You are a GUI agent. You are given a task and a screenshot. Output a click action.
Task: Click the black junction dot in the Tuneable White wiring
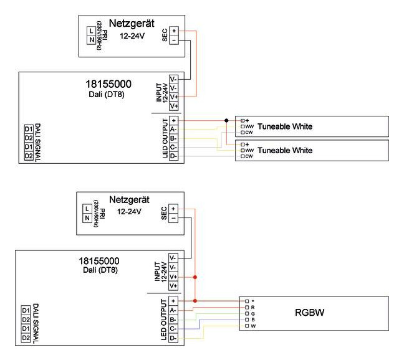click(225, 120)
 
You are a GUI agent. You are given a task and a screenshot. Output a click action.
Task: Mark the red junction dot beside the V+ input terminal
click(195, 277)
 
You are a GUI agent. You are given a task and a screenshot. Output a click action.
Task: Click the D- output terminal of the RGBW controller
click(173, 338)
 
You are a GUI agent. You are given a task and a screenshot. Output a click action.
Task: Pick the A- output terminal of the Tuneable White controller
click(173, 129)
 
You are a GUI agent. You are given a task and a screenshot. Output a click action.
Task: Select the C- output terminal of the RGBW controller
click(173, 328)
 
